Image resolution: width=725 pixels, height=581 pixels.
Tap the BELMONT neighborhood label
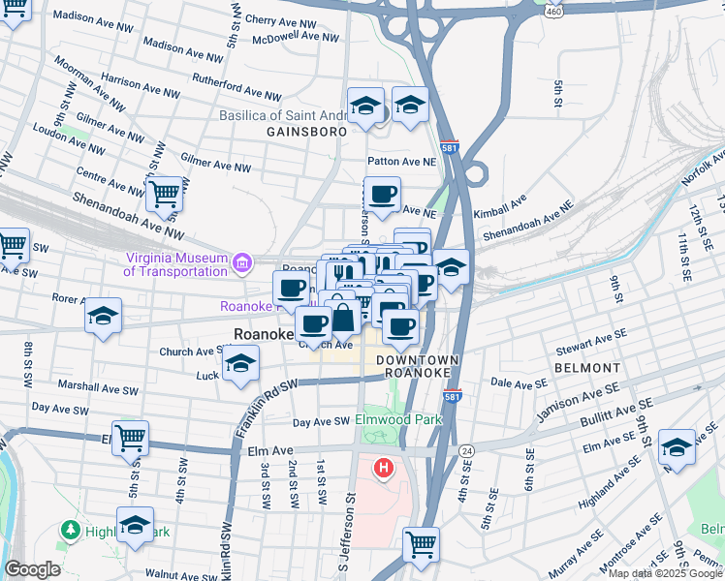[587, 369]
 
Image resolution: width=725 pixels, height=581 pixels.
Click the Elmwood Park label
[397, 420]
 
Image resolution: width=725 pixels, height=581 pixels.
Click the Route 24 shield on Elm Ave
[466, 451]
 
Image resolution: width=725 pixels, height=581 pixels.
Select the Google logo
[32, 569]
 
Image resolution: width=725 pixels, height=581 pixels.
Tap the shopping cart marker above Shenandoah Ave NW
[165, 193]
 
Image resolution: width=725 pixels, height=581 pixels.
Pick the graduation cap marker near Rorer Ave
[103, 317]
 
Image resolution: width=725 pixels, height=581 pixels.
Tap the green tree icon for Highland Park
[69, 530]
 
